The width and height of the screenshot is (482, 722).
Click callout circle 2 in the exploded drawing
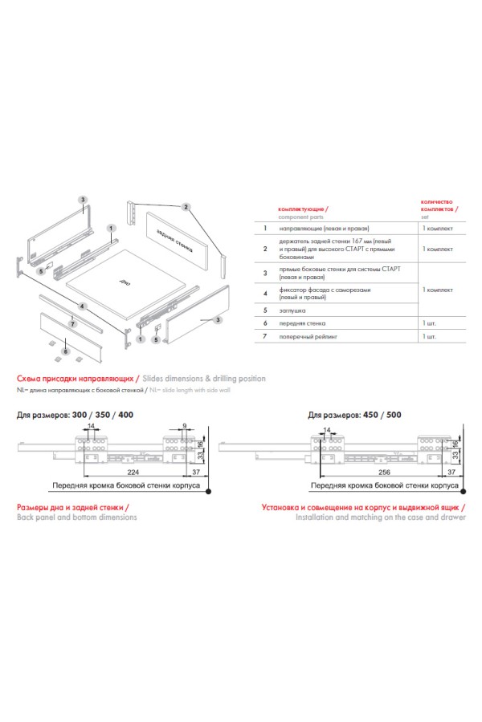coord(186,207)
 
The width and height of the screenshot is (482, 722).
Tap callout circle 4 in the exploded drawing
coord(83,306)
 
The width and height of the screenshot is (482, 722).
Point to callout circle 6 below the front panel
coord(67,351)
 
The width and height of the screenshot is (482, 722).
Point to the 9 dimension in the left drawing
coord(184,425)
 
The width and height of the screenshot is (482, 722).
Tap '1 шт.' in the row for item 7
coord(431,339)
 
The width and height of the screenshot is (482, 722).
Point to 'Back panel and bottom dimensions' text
coord(76,517)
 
